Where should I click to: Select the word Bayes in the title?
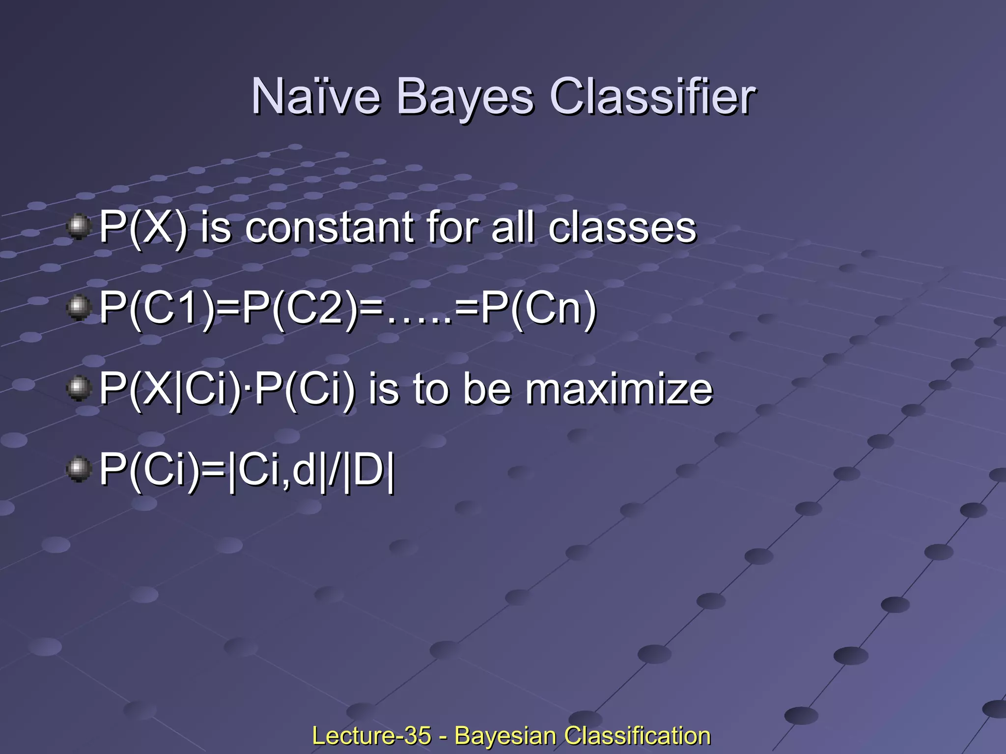tap(464, 97)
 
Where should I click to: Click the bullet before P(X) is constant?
tap(78, 227)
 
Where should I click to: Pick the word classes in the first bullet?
tap(622, 228)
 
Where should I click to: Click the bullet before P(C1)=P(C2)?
tap(78, 308)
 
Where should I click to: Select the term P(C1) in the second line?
tap(157, 309)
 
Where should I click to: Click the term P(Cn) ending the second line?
tap(538, 309)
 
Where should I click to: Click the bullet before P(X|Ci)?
tap(78, 388)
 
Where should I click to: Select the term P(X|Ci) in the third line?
tap(170, 390)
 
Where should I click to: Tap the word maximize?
tap(618, 390)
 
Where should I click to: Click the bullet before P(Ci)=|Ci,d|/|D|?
tap(78, 469)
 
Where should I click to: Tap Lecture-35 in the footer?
tap(371, 736)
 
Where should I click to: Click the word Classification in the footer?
tap(637, 736)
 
